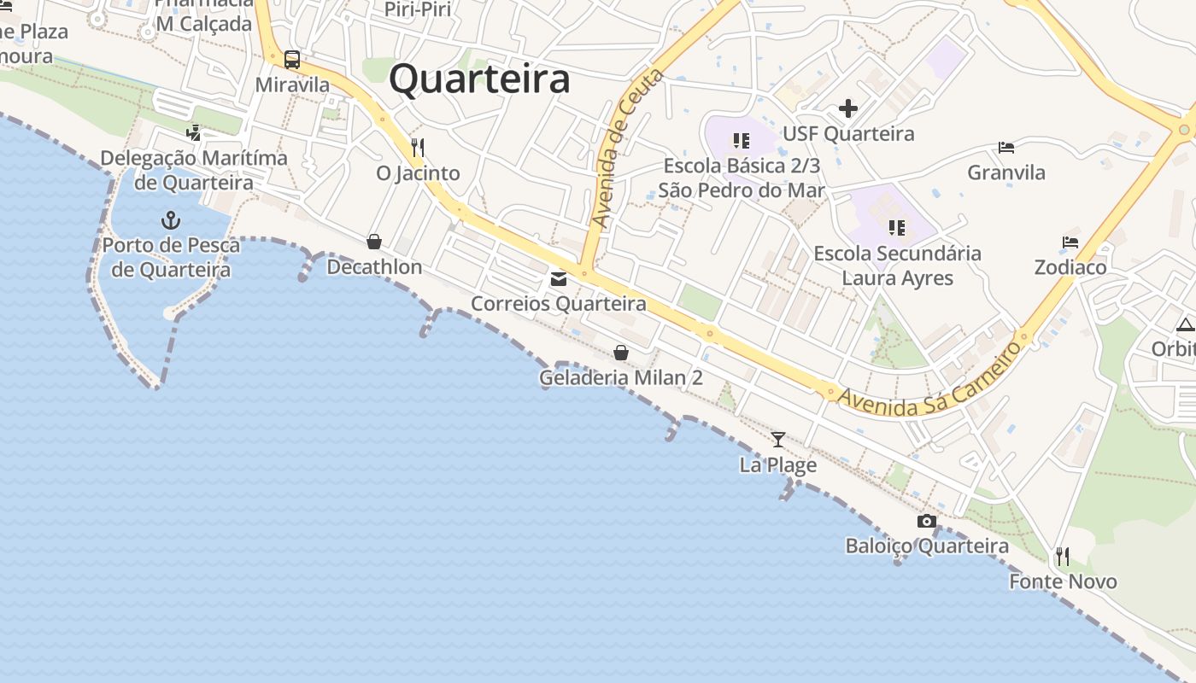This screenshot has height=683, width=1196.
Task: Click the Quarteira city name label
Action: coord(479,80)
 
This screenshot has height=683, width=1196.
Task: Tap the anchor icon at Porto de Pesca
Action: coord(171,220)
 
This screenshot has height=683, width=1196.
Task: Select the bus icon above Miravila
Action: coord(292,59)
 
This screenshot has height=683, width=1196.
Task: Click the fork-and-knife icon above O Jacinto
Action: coord(418,147)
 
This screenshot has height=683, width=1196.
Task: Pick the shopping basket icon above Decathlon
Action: coord(373,242)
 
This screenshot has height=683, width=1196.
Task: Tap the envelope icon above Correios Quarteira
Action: coord(559,278)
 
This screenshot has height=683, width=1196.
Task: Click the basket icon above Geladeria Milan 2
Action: coord(621,353)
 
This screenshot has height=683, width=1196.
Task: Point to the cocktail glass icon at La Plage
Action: coord(777,440)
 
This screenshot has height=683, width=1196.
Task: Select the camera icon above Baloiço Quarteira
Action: coord(926,521)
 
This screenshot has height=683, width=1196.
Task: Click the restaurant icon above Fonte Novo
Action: coord(1063,557)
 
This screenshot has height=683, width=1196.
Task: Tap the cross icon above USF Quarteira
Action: coord(847,108)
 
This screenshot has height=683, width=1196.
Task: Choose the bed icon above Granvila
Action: coord(1006,148)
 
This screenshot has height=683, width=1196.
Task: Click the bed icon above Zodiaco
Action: coord(1070,242)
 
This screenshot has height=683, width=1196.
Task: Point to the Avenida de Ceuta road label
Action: coord(627,149)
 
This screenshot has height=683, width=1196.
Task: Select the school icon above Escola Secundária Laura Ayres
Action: coord(896,227)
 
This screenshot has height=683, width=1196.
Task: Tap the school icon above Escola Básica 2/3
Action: coord(741,140)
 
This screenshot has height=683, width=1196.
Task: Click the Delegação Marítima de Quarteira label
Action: coord(194,170)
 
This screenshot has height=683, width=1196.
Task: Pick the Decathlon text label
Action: coord(374,267)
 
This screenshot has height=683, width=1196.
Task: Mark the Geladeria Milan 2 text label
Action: coord(621,377)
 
